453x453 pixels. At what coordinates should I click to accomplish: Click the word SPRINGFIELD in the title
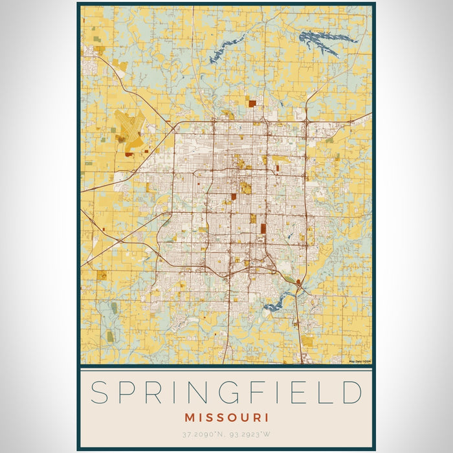coord(226,393)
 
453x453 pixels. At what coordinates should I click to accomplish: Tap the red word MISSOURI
coord(226,417)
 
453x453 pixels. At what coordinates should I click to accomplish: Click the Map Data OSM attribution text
coord(359,362)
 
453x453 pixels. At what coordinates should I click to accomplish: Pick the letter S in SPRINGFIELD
coord(98,393)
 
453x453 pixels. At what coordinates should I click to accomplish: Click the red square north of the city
coord(250,102)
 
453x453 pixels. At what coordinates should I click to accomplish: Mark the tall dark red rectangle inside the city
coord(263,228)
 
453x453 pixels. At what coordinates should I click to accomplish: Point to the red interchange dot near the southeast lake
coord(298,282)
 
